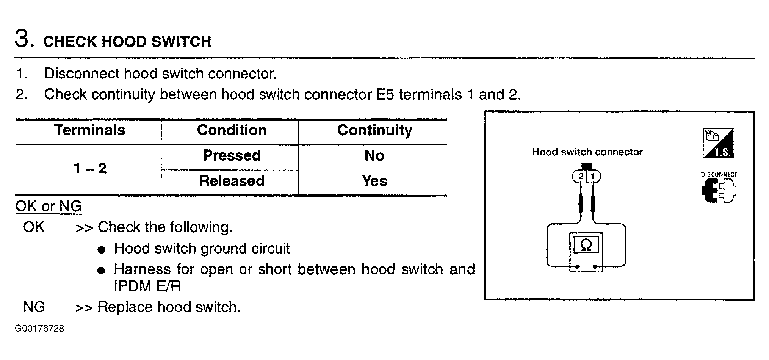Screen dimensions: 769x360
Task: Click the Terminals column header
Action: click(89, 130)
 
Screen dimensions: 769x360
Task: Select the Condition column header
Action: click(232, 130)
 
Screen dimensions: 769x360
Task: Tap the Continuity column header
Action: click(374, 130)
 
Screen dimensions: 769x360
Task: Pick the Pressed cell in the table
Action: click(232, 155)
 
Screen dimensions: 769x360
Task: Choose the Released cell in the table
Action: click(232, 181)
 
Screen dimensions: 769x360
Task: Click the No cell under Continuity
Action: click(374, 155)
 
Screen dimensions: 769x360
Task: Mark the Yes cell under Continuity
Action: click(374, 181)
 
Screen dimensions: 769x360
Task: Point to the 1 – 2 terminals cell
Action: click(90, 168)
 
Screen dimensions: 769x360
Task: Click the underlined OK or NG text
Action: click(49, 206)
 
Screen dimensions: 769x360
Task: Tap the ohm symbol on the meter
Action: click(586, 245)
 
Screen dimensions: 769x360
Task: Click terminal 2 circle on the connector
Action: click(579, 176)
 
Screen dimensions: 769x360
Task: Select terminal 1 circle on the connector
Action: click(594, 176)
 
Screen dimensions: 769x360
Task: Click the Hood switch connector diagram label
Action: click(587, 152)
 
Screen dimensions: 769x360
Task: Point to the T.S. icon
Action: click(718, 143)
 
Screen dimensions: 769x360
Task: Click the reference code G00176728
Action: click(39, 329)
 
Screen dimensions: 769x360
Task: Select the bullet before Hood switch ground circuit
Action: click(101, 250)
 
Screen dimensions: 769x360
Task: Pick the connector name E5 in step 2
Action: click(385, 95)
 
